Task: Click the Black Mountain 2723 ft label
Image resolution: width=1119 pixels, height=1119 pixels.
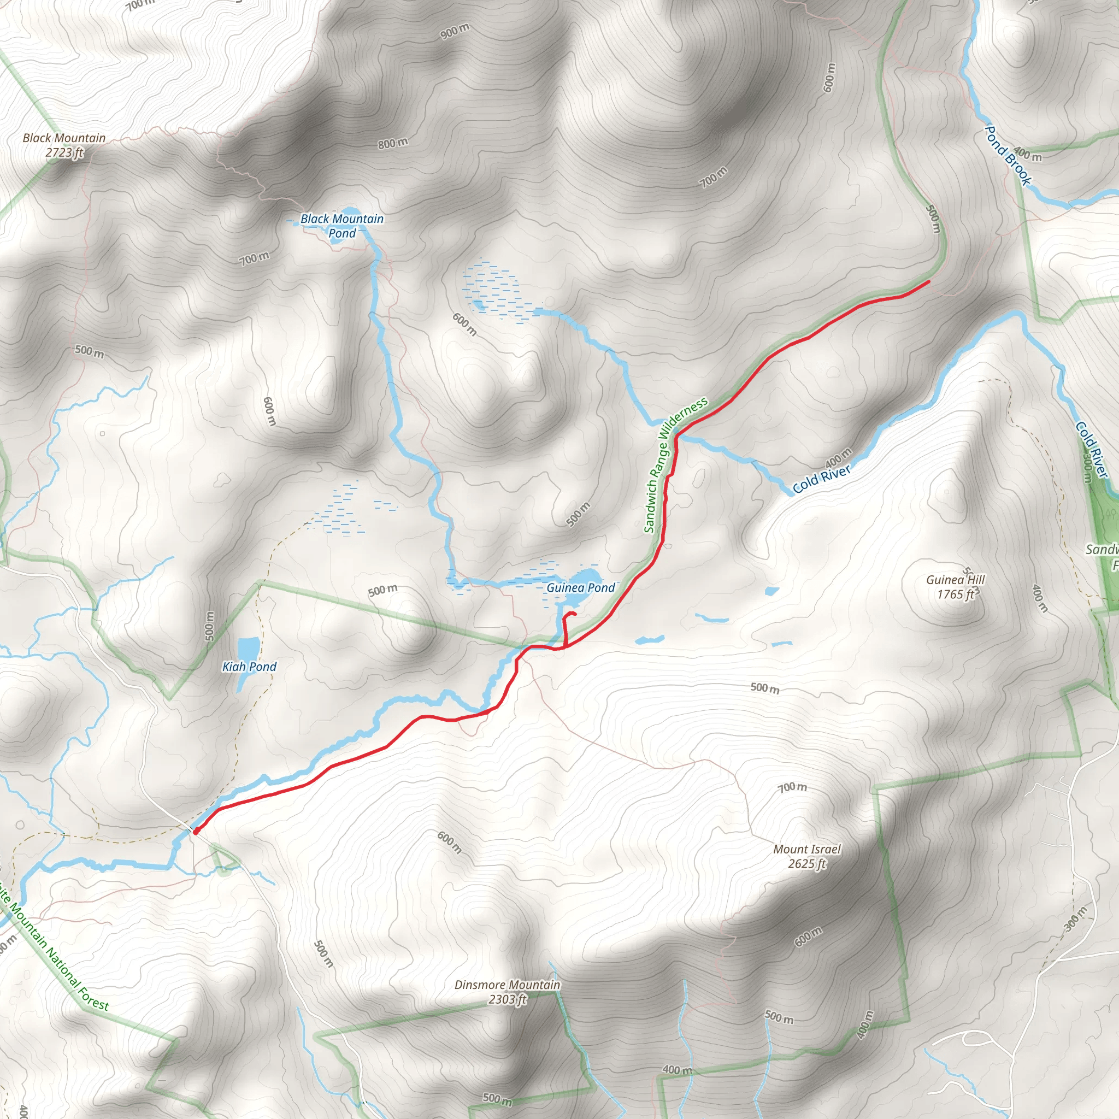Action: pyautogui.click(x=64, y=145)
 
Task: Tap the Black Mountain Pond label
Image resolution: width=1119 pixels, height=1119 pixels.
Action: pyautogui.click(x=341, y=226)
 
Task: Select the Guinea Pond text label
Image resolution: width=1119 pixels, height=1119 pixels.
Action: pyautogui.click(x=580, y=588)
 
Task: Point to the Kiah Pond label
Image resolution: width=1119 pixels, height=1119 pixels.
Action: pyautogui.click(x=249, y=667)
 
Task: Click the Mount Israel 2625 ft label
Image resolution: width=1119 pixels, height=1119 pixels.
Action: pyautogui.click(x=807, y=856)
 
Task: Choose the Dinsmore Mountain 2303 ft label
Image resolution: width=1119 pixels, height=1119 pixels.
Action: pyautogui.click(x=508, y=992)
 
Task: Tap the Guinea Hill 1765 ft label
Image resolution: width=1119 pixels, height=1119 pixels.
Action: pyautogui.click(x=955, y=587)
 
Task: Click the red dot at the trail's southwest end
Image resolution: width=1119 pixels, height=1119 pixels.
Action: pyautogui.click(x=196, y=831)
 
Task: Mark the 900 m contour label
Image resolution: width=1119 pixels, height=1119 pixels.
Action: pyautogui.click(x=455, y=31)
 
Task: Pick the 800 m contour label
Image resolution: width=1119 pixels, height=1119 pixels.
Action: pyautogui.click(x=393, y=143)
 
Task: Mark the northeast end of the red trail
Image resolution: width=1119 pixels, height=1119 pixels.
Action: pyautogui.click(x=928, y=281)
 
